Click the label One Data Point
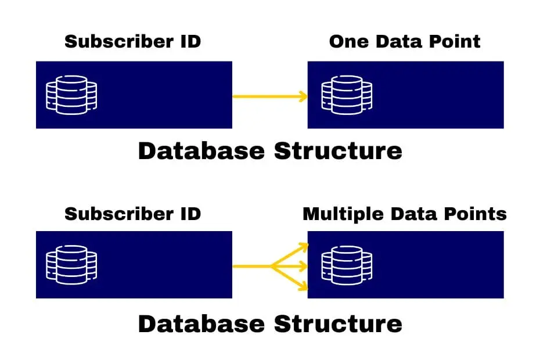click(x=405, y=42)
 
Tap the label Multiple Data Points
click(x=405, y=214)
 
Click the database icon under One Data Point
click(x=347, y=95)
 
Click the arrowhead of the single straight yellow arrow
click(x=303, y=96)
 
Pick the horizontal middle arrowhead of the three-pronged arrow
click(x=303, y=267)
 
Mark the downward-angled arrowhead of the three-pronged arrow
click(x=303, y=286)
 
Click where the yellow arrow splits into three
click(x=272, y=267)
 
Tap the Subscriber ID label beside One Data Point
click(x=132, y=42)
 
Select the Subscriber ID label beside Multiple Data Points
click(x=132, y=214)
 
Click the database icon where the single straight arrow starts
click(x=71, y=95)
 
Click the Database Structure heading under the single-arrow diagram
click(x=270, y=151)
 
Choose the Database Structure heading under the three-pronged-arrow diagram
click(x=270, y=323)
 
